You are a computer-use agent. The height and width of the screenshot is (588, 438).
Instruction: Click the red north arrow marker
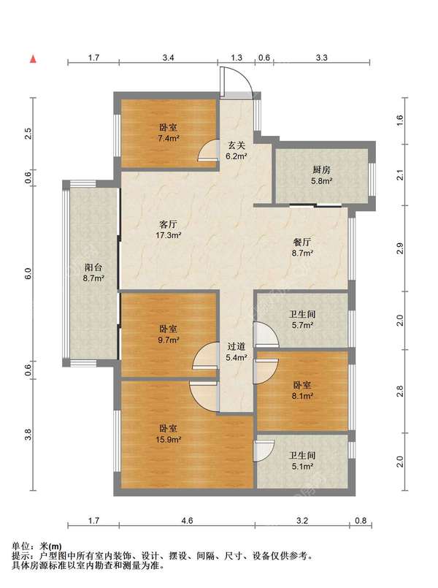[34, 59]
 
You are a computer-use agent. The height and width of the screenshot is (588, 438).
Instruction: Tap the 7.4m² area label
[168, 138]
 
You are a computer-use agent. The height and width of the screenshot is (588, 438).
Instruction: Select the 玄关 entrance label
[237, 145]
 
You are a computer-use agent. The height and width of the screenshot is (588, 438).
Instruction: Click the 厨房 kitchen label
[321, 169]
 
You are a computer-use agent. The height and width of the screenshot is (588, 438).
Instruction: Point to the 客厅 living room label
[168, 225]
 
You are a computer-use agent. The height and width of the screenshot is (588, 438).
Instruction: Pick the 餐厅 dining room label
[302, 243]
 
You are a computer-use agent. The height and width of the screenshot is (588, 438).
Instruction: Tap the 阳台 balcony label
[93, 267]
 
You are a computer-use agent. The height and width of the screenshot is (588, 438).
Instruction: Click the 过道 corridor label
[237, 346]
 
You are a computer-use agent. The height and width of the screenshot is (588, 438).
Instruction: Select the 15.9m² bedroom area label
[169, 439]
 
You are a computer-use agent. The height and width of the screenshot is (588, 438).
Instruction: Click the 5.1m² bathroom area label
[303, 467]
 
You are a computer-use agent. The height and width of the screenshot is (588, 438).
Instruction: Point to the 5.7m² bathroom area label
[303, 325]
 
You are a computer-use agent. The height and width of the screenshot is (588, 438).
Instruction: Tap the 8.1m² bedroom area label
[303, 395]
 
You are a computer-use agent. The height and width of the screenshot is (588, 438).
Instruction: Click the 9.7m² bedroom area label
[169, 340]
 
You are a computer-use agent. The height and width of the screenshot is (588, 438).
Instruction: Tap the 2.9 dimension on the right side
[400, 248]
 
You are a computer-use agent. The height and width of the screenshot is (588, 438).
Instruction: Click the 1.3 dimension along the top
[237, 58]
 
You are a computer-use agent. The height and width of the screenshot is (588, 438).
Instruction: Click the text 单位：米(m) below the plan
[36, 546]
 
